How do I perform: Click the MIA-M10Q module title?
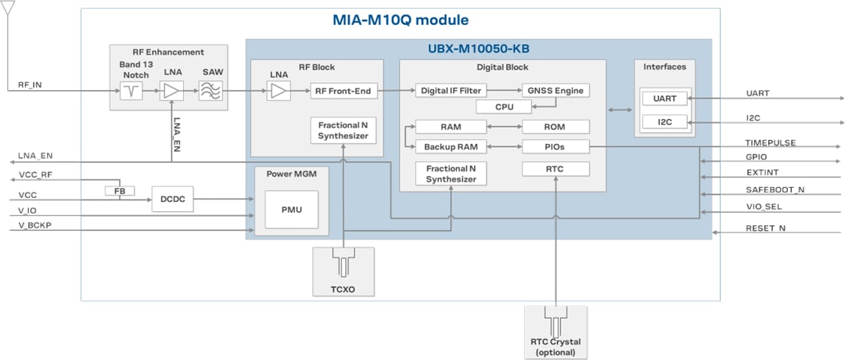tap(400, 20)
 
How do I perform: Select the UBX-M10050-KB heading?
tap(478, 49)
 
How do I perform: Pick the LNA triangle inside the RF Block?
tap(278, 92)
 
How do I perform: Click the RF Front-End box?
tap(343, 91)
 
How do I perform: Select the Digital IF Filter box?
tap(451, 91)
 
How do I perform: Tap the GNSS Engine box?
tap(555, 91)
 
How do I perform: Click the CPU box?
tap(503, 107)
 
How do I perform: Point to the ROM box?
tap(555, 127)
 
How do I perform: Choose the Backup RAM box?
tap(451, 146)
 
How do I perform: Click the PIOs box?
tap(555, 146)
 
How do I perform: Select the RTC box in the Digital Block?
tap(555, 169)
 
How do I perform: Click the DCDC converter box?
tap(172, 199)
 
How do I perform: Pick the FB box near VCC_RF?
tap(120, 190)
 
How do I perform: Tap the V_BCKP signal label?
tap(36, 226)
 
